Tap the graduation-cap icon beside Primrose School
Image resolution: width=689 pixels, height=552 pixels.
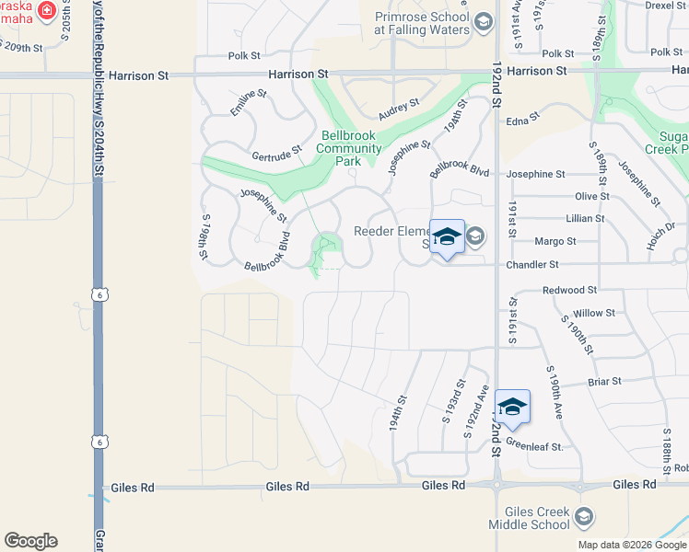pyautogui.click(x=483, y=22)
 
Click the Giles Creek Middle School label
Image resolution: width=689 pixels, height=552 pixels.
pyautogui.click(x=537, y=518)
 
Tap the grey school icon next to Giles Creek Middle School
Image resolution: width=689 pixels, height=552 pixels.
pyautogui.click(x=582, y=518)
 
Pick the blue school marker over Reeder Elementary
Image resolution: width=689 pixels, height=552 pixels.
pyautogui.click(x=447, y=237)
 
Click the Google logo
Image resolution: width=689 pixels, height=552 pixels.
pyautogui.click(x=30, y=541)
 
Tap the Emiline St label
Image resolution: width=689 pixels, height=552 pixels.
pyautogui.click(x=248, y=99)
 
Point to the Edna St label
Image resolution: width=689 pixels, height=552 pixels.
pyautogui.click(x=521, y=121)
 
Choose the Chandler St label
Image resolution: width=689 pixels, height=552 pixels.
pyautogui.click(x=534, y=265)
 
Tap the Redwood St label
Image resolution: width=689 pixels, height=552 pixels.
pyautogui.click(x=566, y=290)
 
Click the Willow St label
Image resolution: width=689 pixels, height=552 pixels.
pyautogui.click(x=593, y=313)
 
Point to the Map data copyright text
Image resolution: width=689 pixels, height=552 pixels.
pyautogui.click(x=631, y=545)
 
